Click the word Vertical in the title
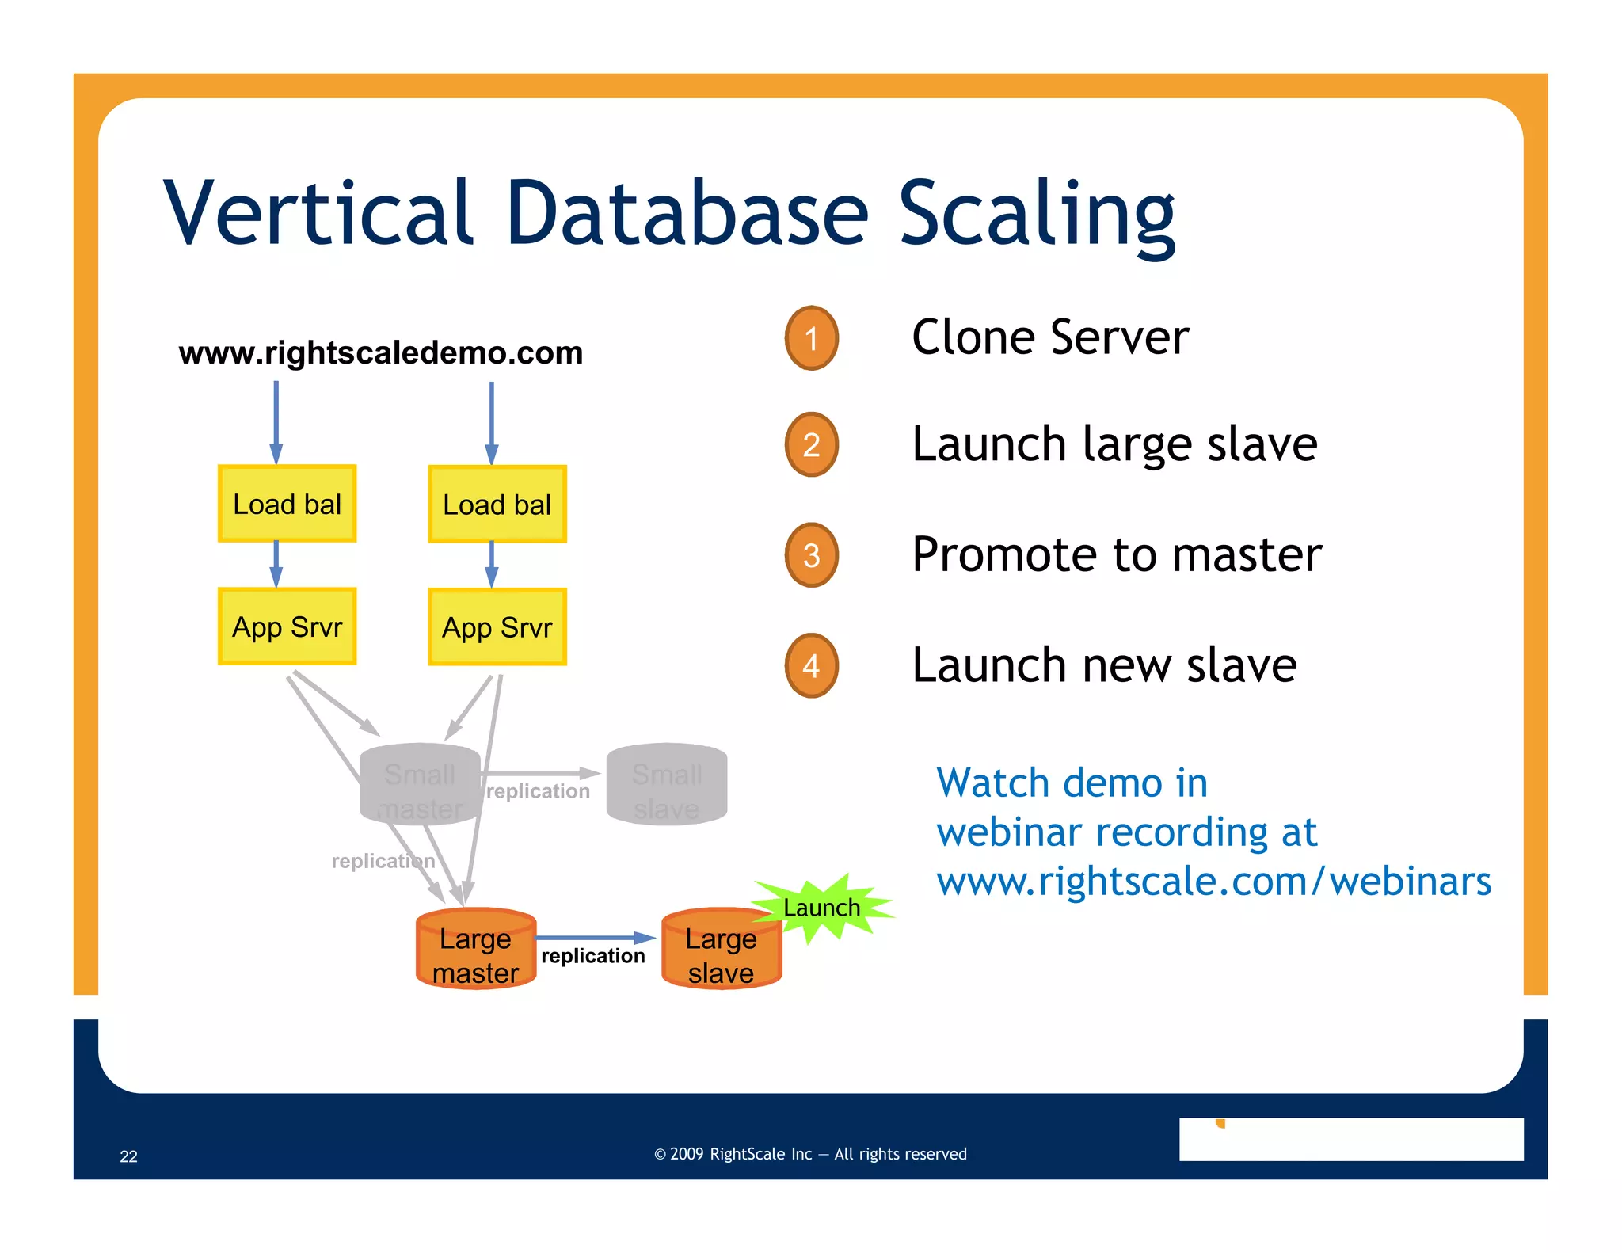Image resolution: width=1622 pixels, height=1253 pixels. (x=317, y=212)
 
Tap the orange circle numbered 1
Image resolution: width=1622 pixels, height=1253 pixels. (x=811, y=338)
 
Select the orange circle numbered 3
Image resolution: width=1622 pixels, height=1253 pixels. (x=811, y=555)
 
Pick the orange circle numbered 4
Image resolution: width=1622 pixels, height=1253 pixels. (x=811, y=665)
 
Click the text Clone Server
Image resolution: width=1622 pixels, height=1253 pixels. (x=1049, y=337)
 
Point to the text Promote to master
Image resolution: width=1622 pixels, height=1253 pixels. (x=1116, y=554)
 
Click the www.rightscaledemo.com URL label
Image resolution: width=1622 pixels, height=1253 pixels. (x=380, y=352)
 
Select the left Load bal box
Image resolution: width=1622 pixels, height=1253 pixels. (x=287, y=504)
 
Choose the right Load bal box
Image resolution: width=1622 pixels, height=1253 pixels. (x=497, y=505)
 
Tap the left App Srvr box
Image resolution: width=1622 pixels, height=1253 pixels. (x=287, y=626)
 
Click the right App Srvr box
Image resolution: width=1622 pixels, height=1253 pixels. (x=497, y=627)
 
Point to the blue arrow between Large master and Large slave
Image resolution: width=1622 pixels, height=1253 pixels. (x=594, y=938)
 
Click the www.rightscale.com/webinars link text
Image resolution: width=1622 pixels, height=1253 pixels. (x=1213, y=882)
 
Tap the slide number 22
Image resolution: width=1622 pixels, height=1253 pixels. (x=128, y=1156)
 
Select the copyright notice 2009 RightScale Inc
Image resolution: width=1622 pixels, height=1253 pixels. (x=810, y=1154)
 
